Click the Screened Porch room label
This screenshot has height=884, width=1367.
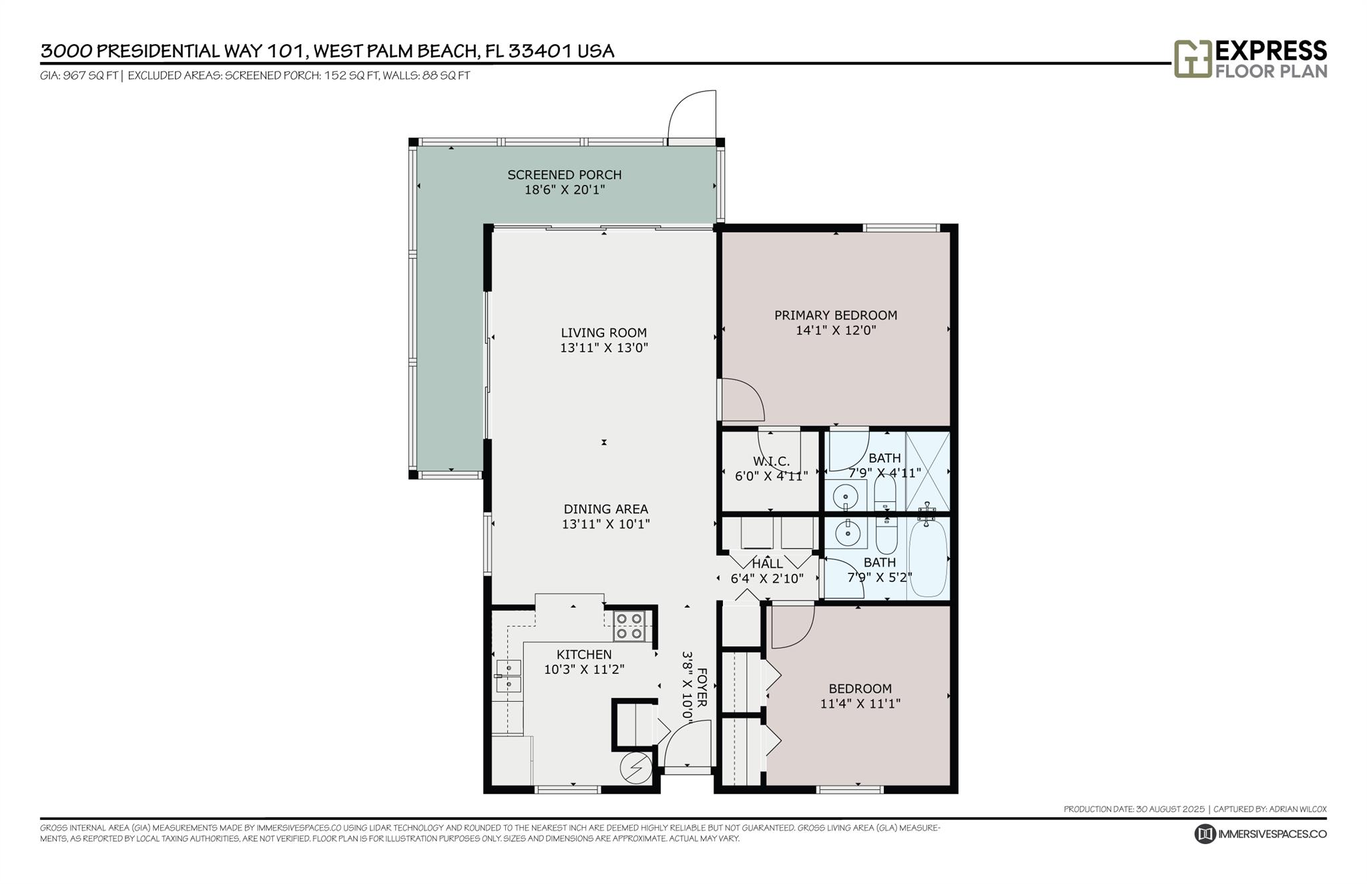565,175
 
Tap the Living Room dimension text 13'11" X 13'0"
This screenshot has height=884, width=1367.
604,348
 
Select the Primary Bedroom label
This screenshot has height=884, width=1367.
836,315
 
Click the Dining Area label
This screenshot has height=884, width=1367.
606,509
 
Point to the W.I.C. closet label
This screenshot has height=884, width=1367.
772,461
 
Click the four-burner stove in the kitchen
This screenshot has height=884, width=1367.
629,626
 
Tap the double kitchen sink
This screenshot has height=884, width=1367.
508,676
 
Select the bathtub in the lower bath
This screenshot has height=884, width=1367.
928,558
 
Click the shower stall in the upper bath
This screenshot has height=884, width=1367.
928,471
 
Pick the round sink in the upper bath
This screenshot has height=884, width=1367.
847,497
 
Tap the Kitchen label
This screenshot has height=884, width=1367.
584,654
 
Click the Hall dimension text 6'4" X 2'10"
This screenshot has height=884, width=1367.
767,579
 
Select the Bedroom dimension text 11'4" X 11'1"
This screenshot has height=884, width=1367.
860,704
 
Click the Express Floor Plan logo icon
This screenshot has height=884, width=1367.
1193,59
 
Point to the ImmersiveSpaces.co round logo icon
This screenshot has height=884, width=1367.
1205,834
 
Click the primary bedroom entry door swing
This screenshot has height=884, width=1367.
741,399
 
